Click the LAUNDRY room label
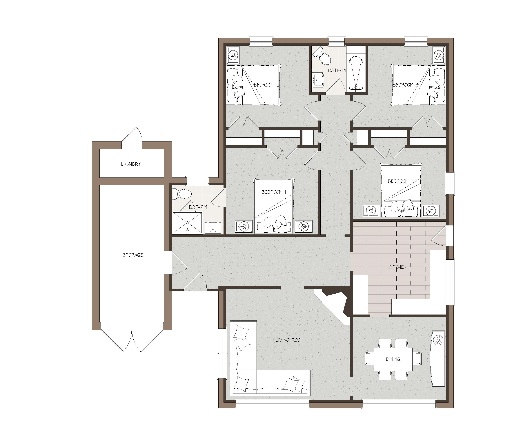[131, 164]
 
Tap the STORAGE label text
[133, 255]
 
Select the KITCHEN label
[397, 267]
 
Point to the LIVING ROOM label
[290, 340]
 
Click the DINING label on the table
[393, 359]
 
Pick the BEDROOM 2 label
[266, 85]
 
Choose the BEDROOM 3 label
[405, 85]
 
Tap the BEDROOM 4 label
[401, 181]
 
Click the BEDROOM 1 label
[274, 192]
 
